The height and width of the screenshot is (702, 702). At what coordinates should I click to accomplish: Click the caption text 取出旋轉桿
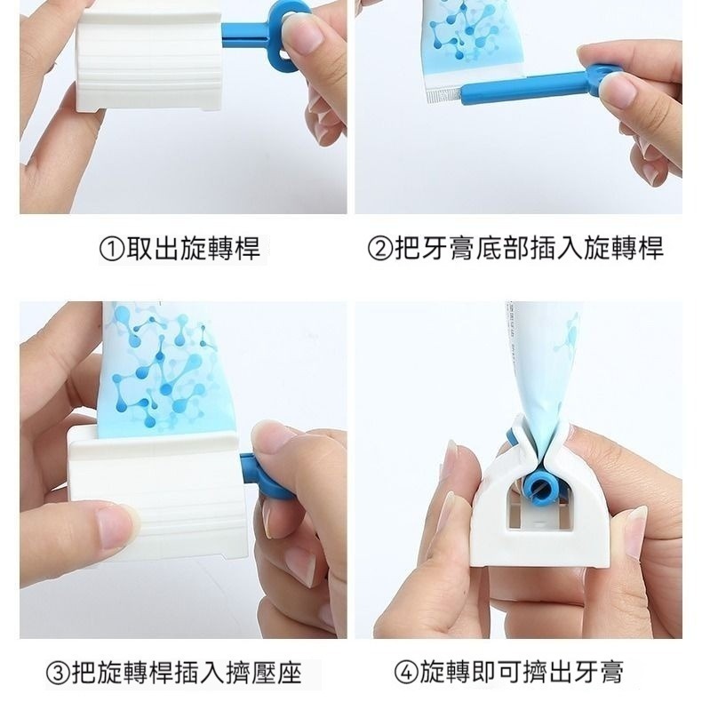tap(193, 249)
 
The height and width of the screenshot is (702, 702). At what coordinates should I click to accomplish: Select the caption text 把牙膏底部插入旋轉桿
tap(528, 249)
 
